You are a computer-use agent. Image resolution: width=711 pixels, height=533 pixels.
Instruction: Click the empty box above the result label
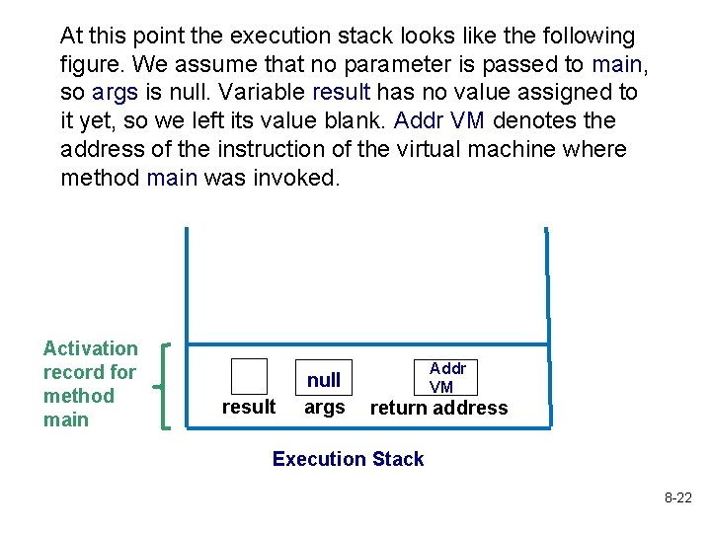(249, 376)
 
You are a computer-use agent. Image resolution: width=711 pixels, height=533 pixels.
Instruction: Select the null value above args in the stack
(324, 380)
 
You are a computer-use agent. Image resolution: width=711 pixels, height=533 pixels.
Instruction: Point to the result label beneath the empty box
(249, 407)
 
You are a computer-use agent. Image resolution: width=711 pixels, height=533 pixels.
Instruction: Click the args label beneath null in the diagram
(324, 407)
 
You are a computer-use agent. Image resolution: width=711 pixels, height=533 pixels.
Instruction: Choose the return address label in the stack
(438, 408)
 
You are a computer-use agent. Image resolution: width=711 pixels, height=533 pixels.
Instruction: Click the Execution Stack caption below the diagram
(348, 459)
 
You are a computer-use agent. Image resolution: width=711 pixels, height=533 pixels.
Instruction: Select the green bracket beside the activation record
(166, 385)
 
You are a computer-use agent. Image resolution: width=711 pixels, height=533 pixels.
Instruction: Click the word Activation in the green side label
(91, 348)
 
